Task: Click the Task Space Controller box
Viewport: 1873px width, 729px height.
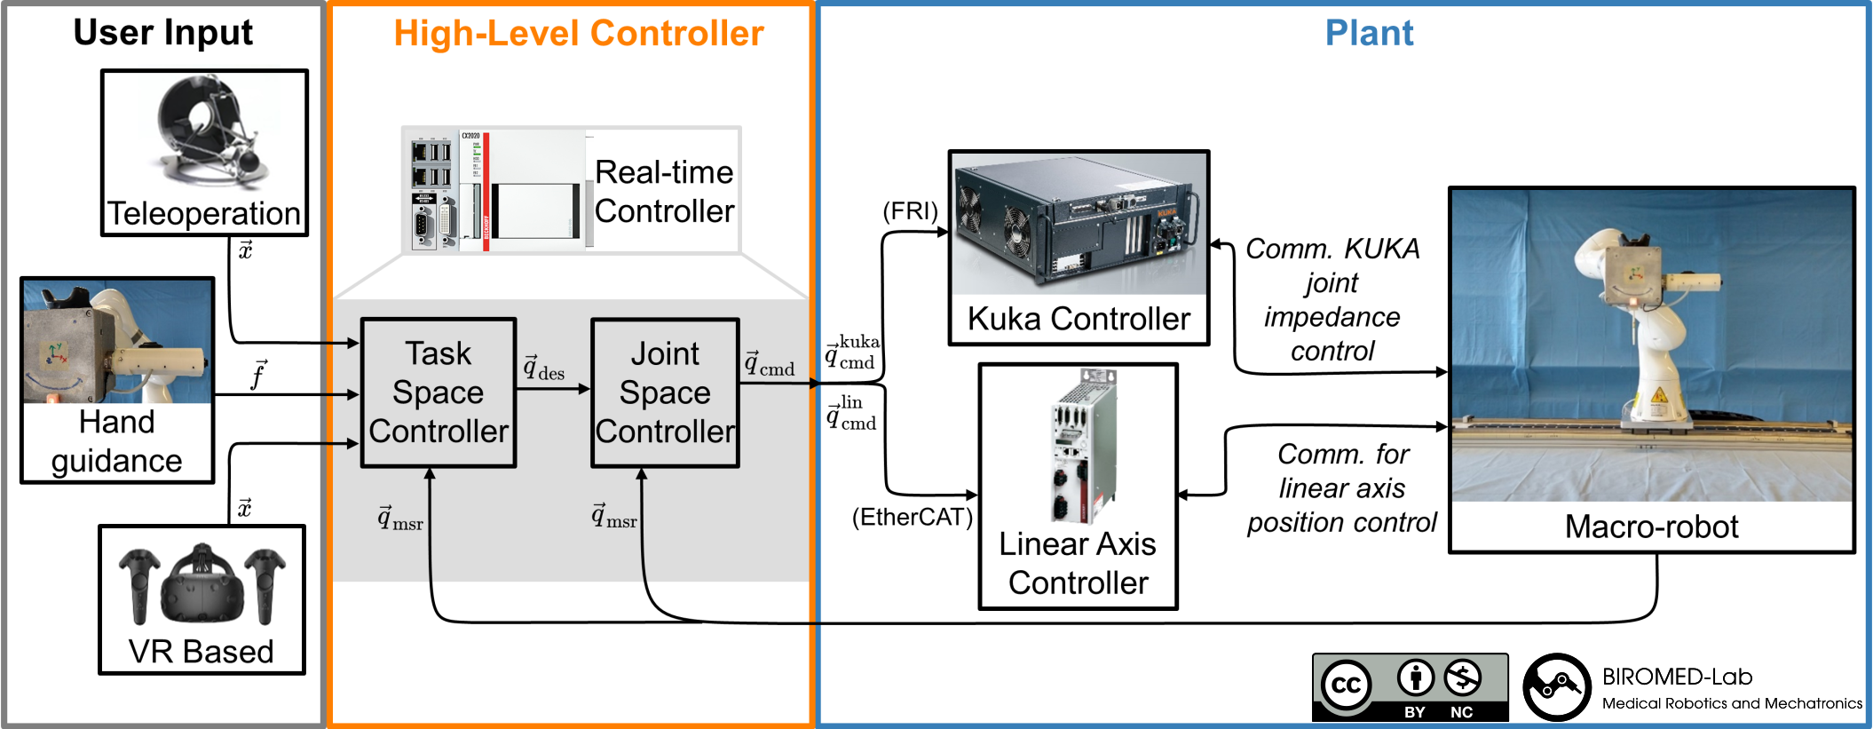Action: [439, 392]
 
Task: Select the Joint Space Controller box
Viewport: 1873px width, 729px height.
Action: [665, 392]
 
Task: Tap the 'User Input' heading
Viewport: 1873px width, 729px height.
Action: [162, 33]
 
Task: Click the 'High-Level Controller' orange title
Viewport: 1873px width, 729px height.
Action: [579, 34]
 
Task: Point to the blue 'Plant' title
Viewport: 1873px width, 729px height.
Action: [1369, 33]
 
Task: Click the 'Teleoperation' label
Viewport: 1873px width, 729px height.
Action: [204, 214]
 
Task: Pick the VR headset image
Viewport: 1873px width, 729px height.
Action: [202, 586]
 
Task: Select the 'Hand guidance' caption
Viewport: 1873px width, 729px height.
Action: [116, 442]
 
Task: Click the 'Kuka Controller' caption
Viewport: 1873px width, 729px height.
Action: [1079, 319]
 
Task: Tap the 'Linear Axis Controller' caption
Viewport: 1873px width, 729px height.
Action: [1078, 564]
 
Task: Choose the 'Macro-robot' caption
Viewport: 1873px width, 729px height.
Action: [1651, 527]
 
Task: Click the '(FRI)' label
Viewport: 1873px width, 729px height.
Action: [910, 211]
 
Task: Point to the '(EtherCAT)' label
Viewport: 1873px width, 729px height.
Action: [912, 518]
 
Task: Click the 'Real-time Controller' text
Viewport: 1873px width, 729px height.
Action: [664, 192]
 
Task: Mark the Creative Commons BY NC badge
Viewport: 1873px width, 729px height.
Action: [1410, 687]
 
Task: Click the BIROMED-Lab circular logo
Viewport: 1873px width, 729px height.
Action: [1557, 687]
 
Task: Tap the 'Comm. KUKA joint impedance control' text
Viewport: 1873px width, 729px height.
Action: [1332, 300]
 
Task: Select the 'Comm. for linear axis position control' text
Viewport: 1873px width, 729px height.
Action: [1341, 488]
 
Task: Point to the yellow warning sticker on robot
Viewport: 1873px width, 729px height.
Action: [1656, 397]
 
